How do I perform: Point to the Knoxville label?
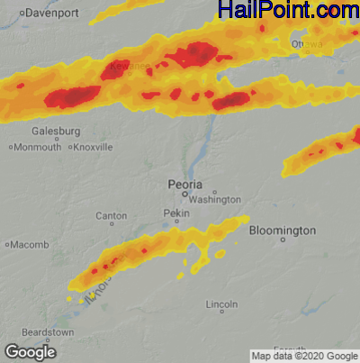[x=94, y=147]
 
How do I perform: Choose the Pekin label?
[x=177, y=213]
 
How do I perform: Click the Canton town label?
[x=111, y=216]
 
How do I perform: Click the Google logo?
[x=31, y=351]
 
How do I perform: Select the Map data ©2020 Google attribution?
[x=303, y=355]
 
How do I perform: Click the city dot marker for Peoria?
[x=185, y=193]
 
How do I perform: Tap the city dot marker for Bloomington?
[x=283, y=240]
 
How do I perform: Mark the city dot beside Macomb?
[x=7, y=244]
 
